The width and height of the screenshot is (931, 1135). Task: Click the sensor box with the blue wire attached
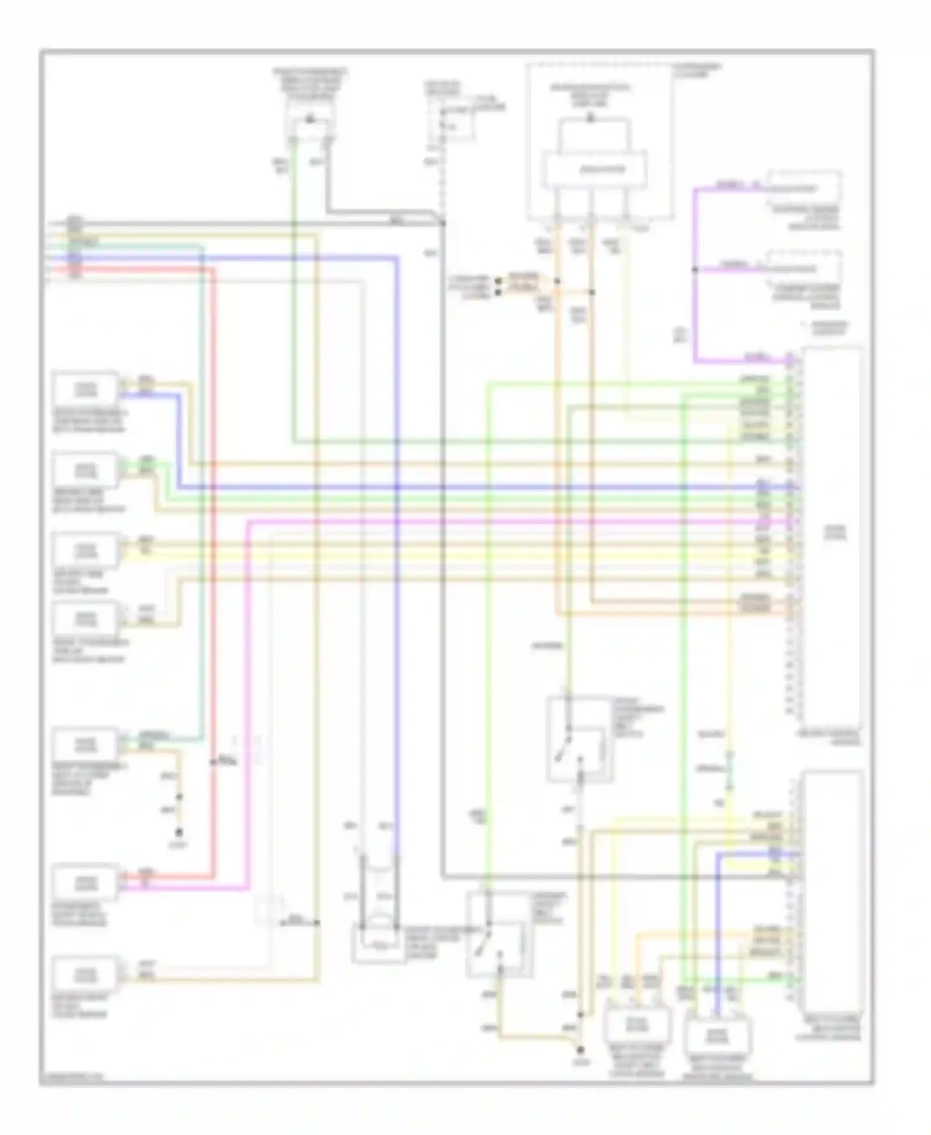coord(86,389)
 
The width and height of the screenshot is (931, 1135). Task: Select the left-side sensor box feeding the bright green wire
coord(86,470)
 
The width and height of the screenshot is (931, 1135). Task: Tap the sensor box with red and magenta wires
coord(86,882)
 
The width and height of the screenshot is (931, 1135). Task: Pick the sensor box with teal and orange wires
coord(86,743)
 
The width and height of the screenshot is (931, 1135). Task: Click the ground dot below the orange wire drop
coord(179,832)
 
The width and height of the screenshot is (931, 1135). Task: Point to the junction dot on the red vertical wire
coord(214,762)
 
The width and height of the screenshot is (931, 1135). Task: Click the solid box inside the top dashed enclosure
coord(594,169)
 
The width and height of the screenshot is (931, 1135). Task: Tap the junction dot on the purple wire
coord(695,269)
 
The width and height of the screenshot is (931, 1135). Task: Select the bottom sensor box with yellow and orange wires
coord(636,1024)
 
